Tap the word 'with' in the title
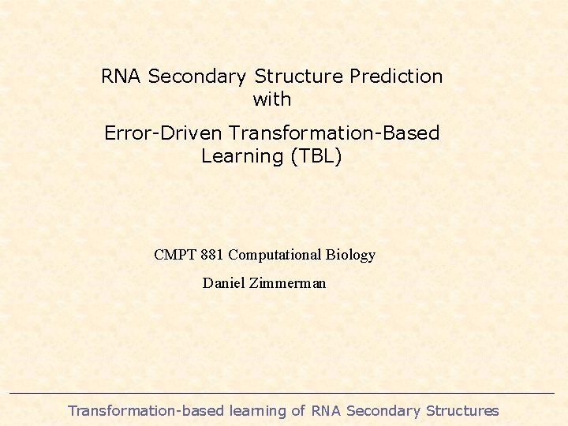[x=272, y=99]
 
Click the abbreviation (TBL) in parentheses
[x=316, y=155]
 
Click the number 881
[x=213, y=255]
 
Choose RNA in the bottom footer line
[x=327, y=410]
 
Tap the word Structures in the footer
[x=462, y=410]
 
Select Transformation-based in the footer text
[x=146, y=410]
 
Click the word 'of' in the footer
[x=298, y=410]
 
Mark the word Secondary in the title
[x=197, y=77]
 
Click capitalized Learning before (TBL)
[x=243, y=155]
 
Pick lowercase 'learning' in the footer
[x=257, y=410]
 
